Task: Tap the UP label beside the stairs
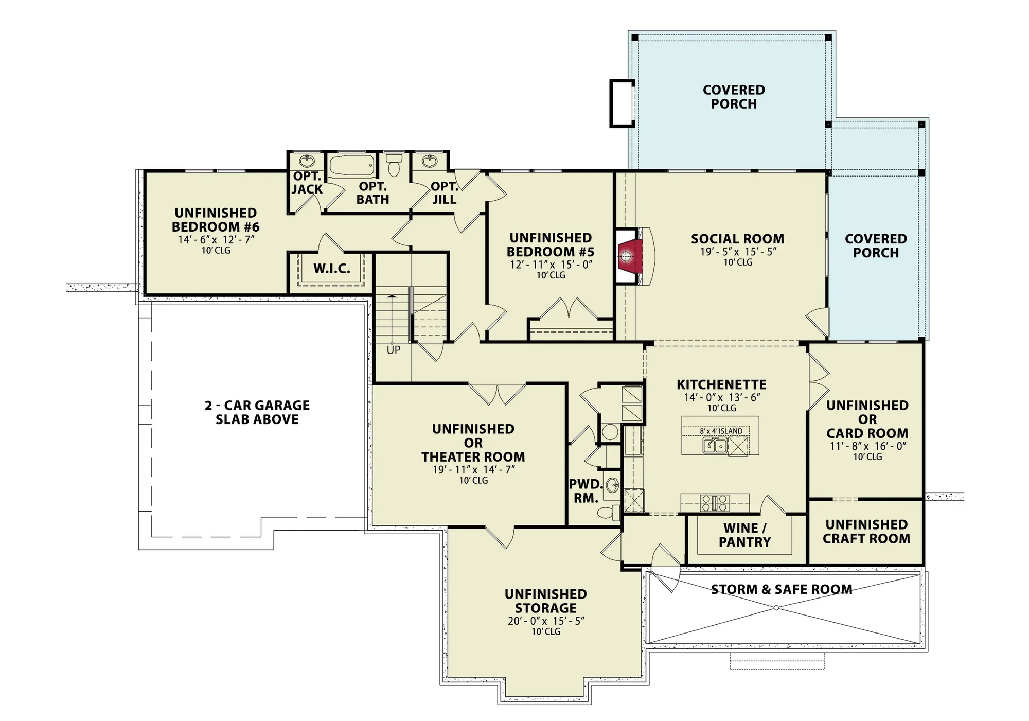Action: coord(393,350)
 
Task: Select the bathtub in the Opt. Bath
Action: coord(352,166)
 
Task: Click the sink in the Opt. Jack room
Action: coord(307,161)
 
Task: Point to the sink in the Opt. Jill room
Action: coord(430,161)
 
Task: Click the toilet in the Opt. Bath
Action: coord(394,166)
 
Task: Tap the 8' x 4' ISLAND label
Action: coord(721,431)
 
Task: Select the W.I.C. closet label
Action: coord(332,268)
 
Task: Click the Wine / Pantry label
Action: coord(744,535)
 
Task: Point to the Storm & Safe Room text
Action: coord(781,589)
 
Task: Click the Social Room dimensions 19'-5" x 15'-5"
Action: coord(738,252)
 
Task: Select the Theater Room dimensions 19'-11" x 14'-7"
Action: coord(473,469)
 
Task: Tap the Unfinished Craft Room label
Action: coord(866,532)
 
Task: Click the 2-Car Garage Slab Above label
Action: coord(257,412)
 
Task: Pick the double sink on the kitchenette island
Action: coord(715,445)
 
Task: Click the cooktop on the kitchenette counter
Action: coord(715,503)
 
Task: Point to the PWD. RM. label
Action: coord(586,491)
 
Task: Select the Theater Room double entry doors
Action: coord(497,394)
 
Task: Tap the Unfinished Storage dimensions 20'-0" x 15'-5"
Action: coord(546,621)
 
